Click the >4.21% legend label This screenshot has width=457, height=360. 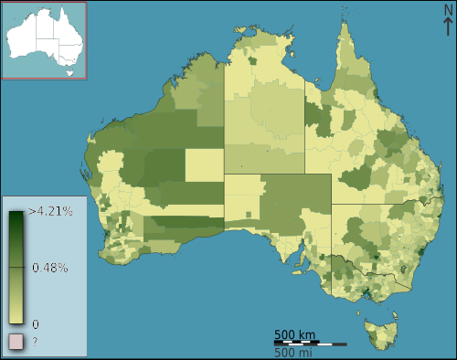50,211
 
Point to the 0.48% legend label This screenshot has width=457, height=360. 49,268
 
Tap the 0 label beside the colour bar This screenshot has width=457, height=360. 35,323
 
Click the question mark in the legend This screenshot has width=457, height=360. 35,342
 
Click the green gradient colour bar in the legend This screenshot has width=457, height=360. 16,268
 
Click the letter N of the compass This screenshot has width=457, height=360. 448,9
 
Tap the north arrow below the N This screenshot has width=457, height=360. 448,27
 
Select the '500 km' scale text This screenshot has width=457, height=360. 295,334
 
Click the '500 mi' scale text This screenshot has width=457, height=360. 295,353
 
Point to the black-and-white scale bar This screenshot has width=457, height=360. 310,343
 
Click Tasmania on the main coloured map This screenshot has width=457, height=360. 379,332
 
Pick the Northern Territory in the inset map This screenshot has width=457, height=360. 45,26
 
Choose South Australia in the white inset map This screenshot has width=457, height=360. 48,48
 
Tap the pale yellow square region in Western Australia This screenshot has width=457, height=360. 204,165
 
